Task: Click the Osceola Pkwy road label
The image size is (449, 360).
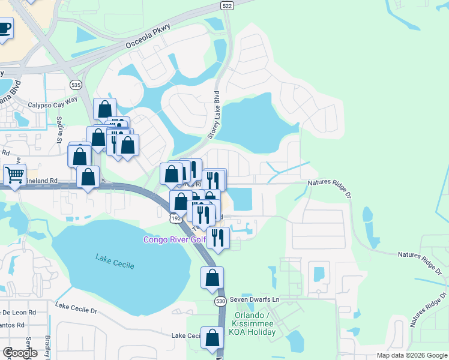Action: tap(148, 37)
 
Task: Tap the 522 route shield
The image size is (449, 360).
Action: tap(227, 5)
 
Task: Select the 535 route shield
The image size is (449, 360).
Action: tap(76, 85)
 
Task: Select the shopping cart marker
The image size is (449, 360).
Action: tap(14, 175)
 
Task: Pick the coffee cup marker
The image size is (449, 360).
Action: tap(4, 28)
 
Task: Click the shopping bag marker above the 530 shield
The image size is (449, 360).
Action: tap(212, 277)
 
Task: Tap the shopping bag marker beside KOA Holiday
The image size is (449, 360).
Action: tap(212, 337)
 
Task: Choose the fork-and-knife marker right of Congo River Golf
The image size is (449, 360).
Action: tap(218, 238)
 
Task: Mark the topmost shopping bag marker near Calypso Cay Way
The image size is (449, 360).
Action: tap(105, 109)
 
